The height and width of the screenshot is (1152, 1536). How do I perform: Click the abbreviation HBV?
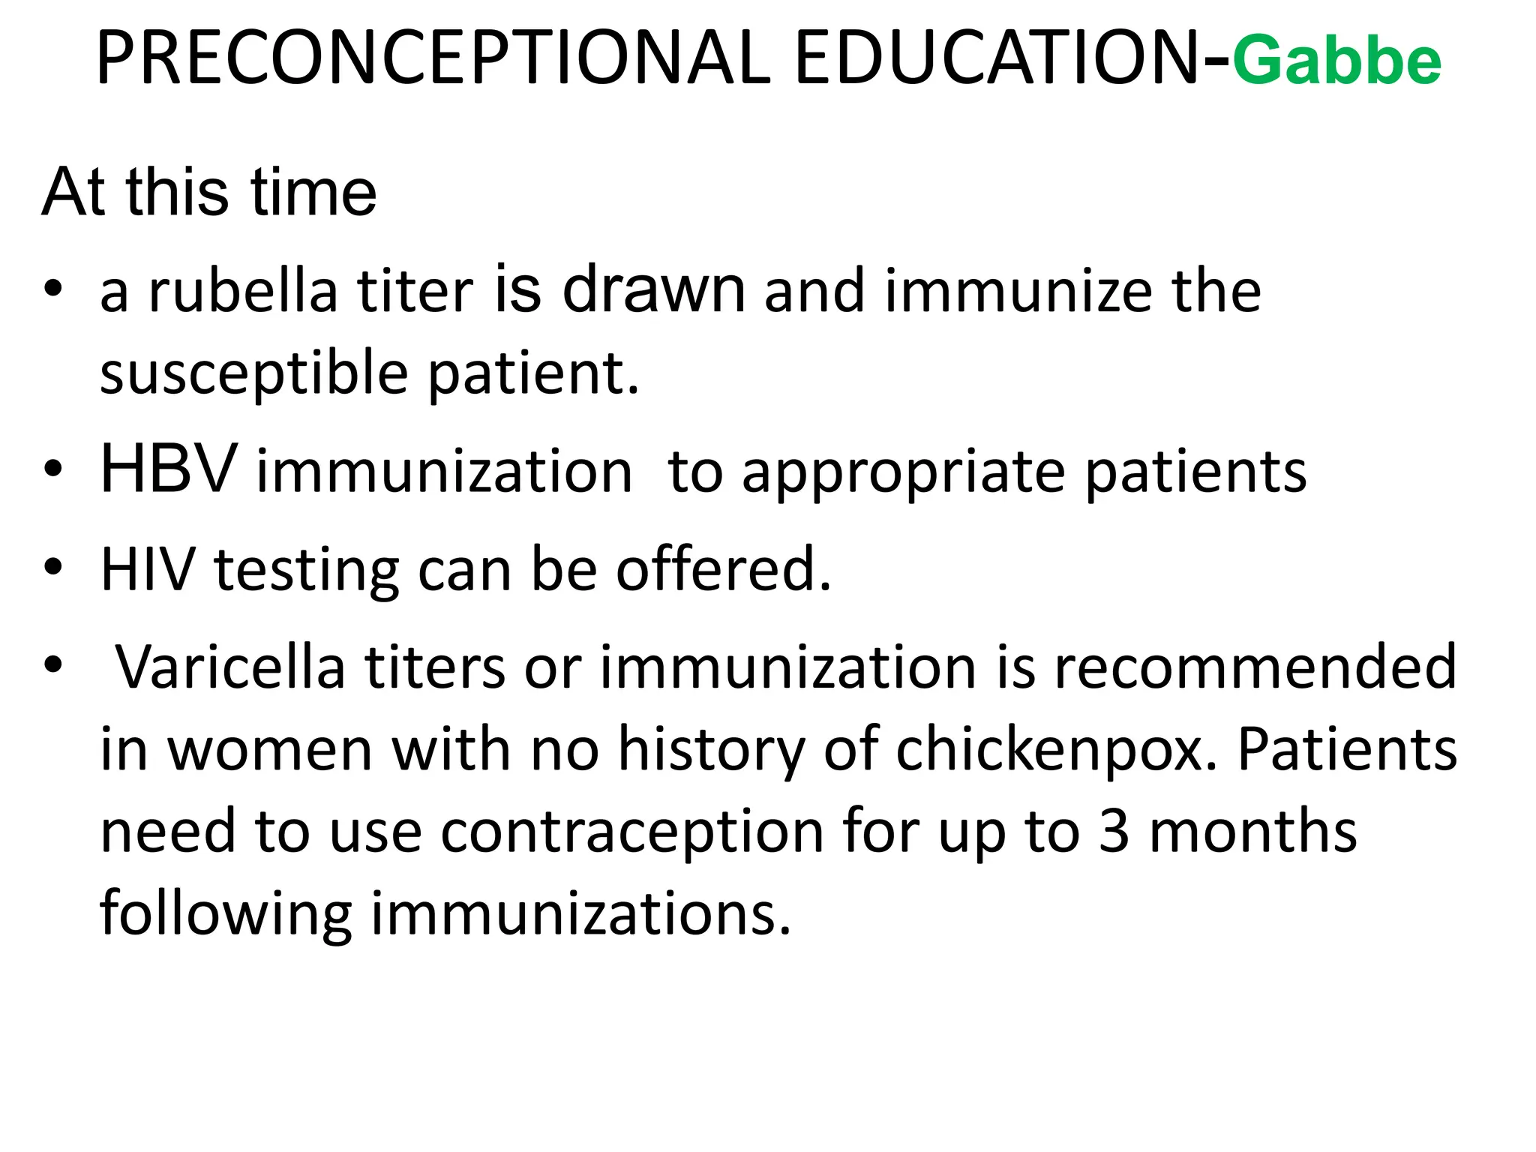168,469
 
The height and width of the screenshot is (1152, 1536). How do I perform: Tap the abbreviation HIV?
147,569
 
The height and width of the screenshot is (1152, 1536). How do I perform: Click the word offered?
724,569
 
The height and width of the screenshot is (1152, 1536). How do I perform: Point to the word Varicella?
230,667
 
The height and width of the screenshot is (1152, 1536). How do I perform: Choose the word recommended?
1255,667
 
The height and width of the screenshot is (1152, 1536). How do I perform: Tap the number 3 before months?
1114,832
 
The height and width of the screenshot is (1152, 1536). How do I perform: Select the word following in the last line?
226,914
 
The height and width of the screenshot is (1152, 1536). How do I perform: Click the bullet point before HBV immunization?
52,469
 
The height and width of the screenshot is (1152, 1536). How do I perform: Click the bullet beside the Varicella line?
52,665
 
